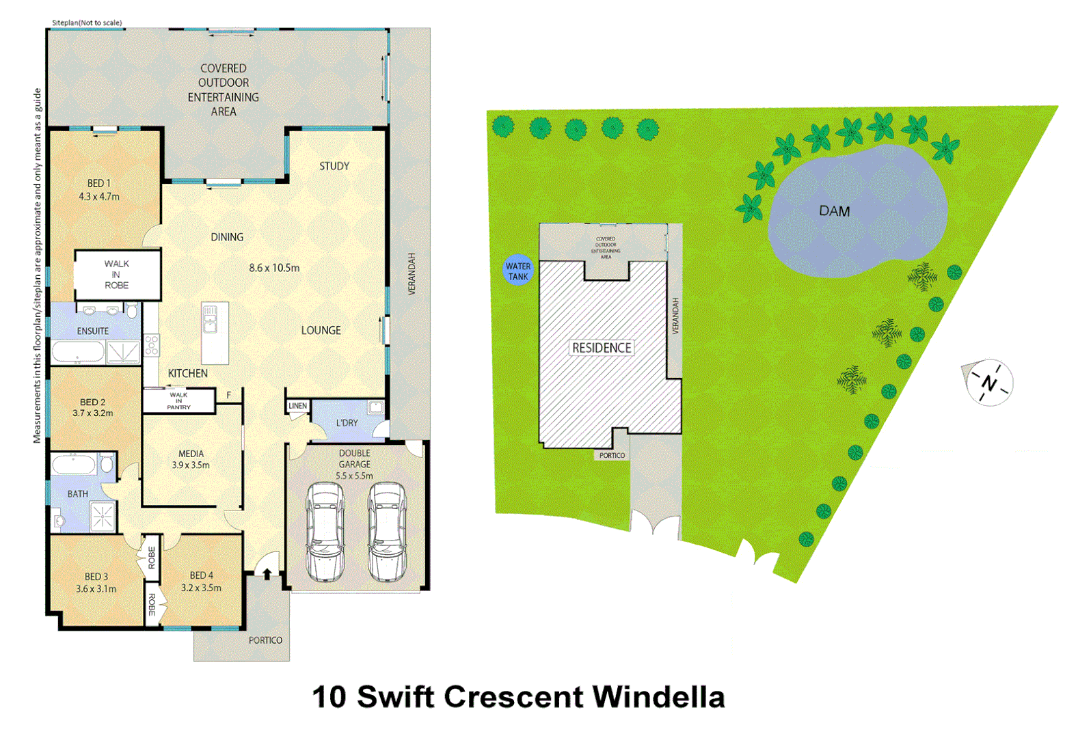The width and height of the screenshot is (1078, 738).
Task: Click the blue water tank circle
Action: point(517,271)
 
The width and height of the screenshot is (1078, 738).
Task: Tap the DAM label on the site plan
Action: point(834,211)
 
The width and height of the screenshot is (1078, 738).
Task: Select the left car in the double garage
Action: point(325,532)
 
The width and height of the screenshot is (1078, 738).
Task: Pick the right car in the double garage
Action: point(386,532)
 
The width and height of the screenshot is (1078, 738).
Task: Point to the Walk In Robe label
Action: point(116,274)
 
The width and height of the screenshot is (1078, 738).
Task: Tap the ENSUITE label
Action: point(92,331)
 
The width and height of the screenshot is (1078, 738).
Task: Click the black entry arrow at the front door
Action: point(267,573)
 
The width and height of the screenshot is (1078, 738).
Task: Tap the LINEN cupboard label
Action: point(297,406)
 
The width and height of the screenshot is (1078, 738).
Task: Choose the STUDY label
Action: point(334,166)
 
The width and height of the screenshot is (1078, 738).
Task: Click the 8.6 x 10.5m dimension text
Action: point(274,268)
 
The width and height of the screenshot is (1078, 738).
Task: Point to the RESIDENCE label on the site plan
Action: point(602,348)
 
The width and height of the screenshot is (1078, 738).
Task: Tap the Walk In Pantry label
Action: point(178,400)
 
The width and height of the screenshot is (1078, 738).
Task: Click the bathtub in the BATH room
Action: point(75,465)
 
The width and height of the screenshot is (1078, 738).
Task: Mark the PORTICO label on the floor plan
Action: point(265,640)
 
